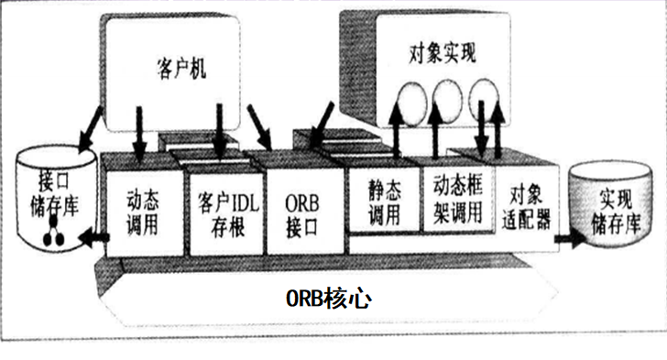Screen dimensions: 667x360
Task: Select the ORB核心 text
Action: click(x=328, y=299)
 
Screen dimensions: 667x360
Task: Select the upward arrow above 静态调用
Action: click(x=395, y=127)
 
